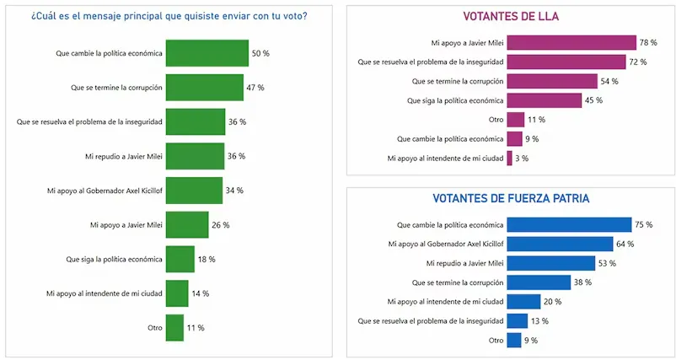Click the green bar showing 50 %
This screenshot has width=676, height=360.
point(207,53)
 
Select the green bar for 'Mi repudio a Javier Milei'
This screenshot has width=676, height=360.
point(195,156)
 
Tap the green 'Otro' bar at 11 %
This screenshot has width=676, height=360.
point(174,327)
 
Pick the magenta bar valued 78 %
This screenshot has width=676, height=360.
point(571,42)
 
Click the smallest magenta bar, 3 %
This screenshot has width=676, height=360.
point(509,158)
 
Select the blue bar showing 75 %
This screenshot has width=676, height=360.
point(569,225)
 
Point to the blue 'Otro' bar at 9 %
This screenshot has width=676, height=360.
point(514,341)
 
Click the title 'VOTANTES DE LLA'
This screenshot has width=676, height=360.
point(511,17)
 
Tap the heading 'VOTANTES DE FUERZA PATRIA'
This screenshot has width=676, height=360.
point(511,200)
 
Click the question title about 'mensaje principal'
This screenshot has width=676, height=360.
point(169,15)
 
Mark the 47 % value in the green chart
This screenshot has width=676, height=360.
point(255,88)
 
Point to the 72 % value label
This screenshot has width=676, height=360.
point(637,62)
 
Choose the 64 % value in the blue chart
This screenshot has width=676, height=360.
point(625,244)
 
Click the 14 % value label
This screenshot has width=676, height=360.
point(200,293)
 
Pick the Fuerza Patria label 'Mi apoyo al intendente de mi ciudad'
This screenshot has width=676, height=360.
point(445,302)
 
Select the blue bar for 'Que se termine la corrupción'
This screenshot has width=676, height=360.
point(539,282)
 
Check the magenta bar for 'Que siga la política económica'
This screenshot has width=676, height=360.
point(545,100)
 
